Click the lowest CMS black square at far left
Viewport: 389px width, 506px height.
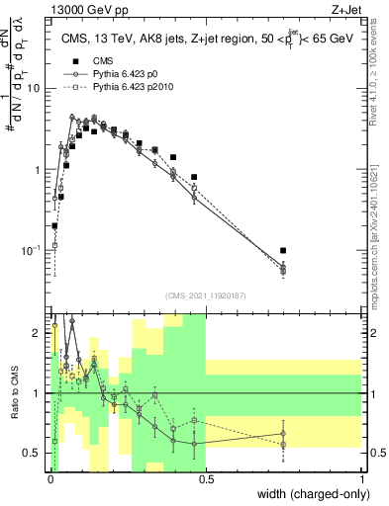pyautogui.click(x=54, y=226)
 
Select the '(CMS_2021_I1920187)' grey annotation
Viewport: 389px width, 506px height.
pyautogui.click(x=206, y=295)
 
